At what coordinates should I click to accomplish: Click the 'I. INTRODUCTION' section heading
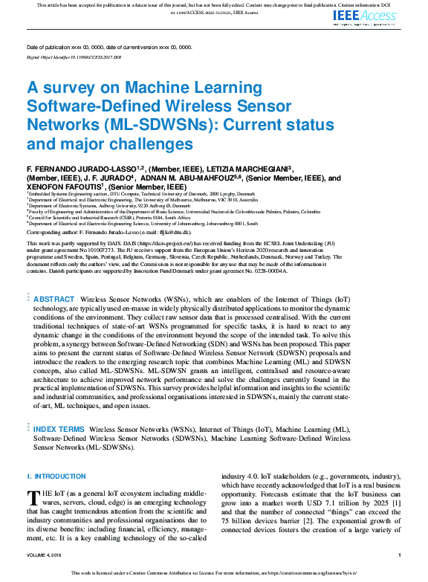coord(56,476)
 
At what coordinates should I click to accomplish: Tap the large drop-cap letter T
coord(33,497)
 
